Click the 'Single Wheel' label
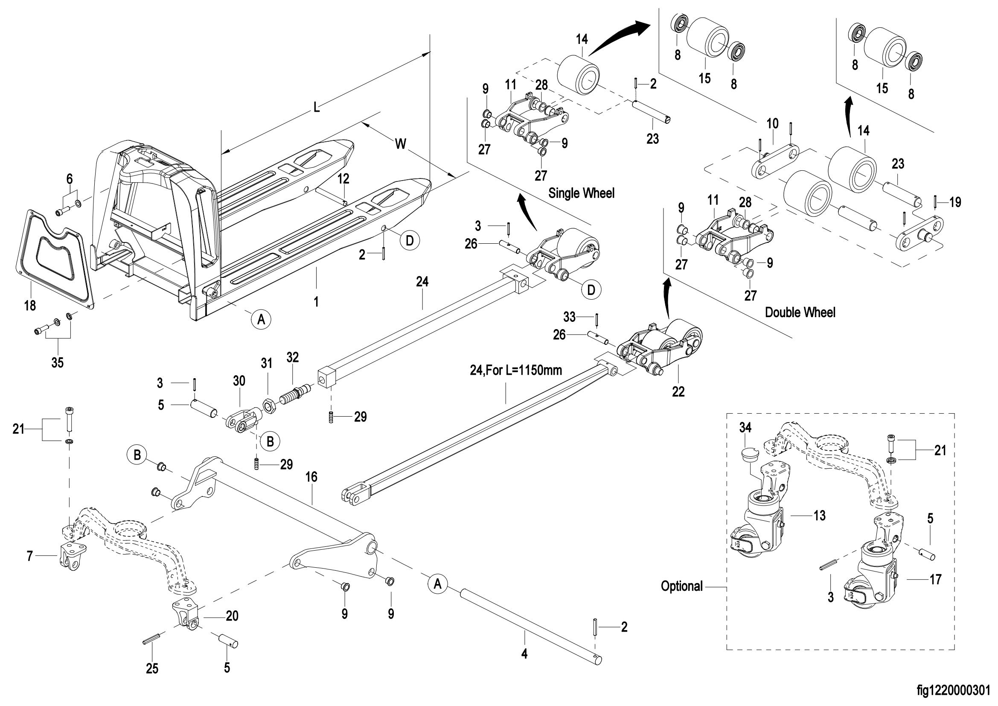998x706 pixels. point(581,193)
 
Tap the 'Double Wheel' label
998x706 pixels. point(800,312)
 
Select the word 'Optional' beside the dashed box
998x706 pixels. point(681,586)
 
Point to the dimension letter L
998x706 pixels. point(317,107)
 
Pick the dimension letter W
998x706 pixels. point(401,143)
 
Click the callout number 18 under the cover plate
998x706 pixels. point(30,306)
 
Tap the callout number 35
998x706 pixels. point(57,362)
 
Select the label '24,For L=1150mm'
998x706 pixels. point(515,371)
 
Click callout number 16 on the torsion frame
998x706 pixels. point(311,477)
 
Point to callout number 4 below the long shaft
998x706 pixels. point(524,653)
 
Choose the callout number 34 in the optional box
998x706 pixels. point(745,428)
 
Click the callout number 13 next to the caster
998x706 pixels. point(819,516)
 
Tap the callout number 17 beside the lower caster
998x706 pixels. point(935,580)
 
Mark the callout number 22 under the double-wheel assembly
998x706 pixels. point(678,392)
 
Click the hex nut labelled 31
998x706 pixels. point(268,406)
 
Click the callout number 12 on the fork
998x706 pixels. point(343,179)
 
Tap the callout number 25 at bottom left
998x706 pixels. point(152,668)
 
